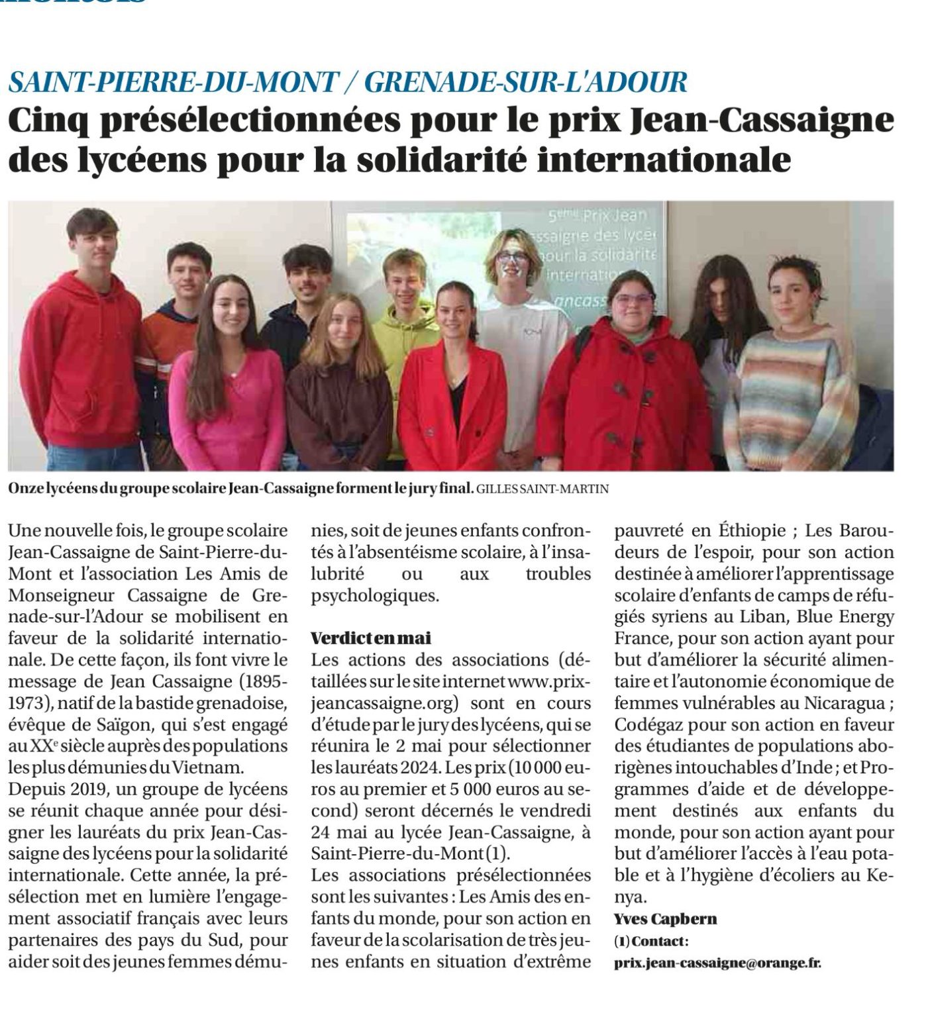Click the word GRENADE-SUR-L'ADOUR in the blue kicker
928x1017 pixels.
click(526, 81)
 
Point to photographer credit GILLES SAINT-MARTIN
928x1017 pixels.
click(542, 489)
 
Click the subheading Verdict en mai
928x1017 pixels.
click(371, 638)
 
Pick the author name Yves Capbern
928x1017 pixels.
click(665, 919)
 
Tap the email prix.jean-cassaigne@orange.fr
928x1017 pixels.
click(717, 963)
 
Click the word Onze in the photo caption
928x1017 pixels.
click(26, 489)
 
